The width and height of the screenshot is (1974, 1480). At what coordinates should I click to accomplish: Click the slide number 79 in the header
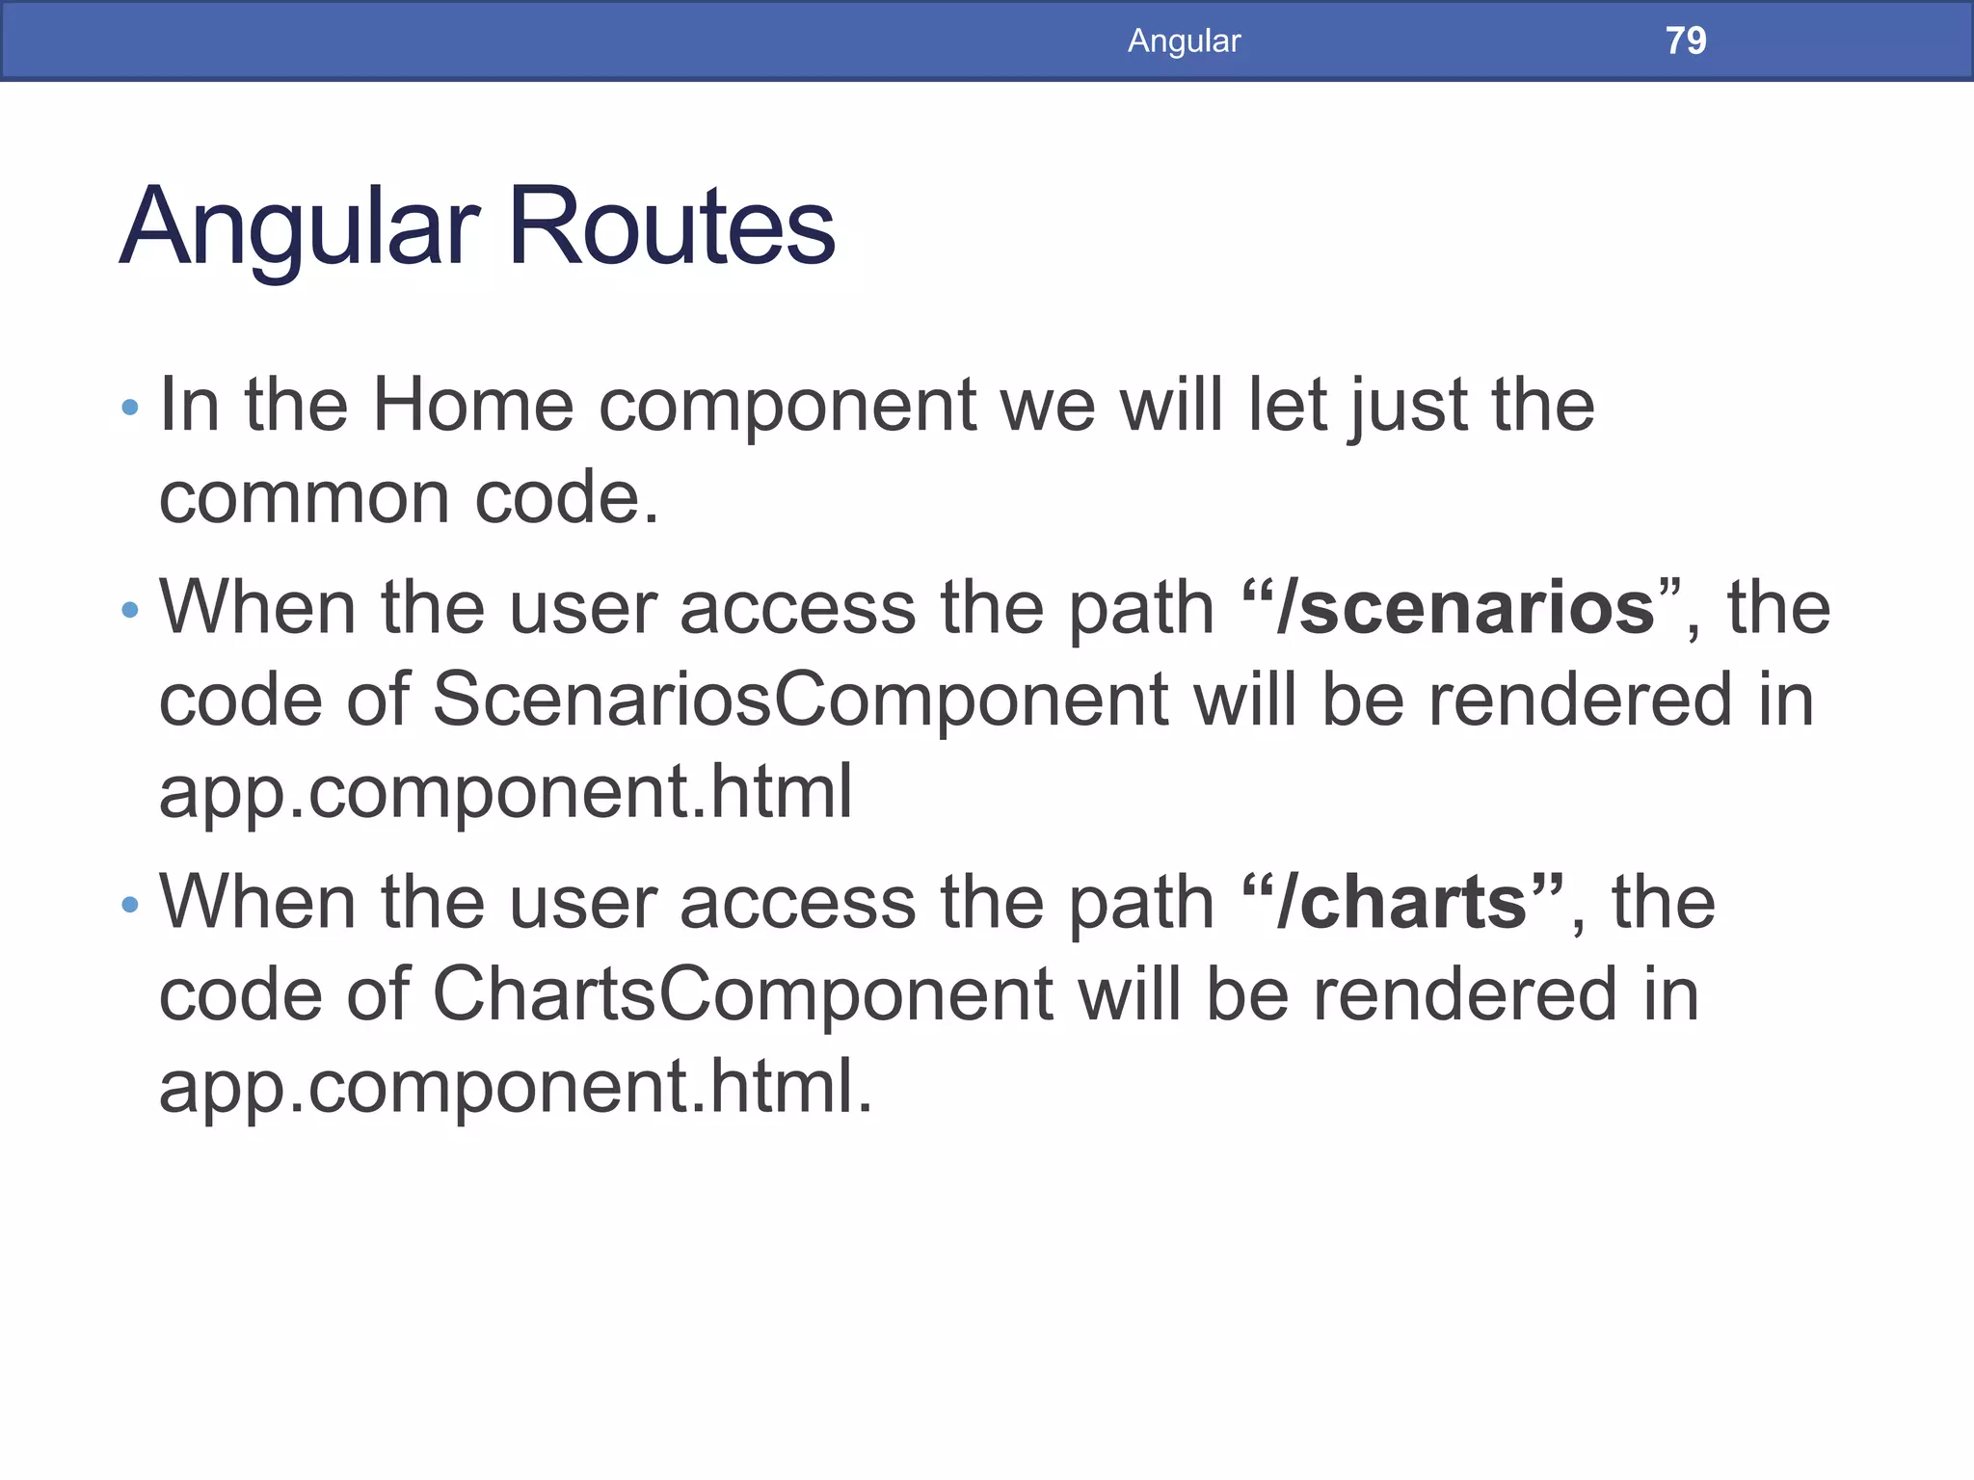[x=1685, y=40]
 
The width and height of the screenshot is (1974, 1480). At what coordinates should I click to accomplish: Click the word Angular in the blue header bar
[x=1184, y=40]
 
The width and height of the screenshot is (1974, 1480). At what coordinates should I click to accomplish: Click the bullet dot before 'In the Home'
[x=131, y=409]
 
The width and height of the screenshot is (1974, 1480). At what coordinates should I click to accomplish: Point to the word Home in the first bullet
[x=472, y=405]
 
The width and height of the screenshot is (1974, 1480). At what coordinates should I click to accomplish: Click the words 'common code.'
[x=409, y=498]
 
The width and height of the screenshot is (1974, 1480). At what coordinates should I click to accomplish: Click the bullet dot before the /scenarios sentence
[x=131, y=610]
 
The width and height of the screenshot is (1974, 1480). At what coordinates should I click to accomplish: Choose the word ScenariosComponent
[x=800, y=700]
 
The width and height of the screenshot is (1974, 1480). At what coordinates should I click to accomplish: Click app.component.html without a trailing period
[x=505, y=793]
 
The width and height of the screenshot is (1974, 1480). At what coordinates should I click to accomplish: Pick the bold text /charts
[x=1402, y=904]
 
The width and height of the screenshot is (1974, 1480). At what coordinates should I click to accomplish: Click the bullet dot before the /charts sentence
[x=131, y=905]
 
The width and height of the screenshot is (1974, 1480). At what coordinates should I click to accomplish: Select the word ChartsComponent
[x=742, y=995]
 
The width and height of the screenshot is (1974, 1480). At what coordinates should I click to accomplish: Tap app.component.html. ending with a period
[x=515, y=1088]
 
